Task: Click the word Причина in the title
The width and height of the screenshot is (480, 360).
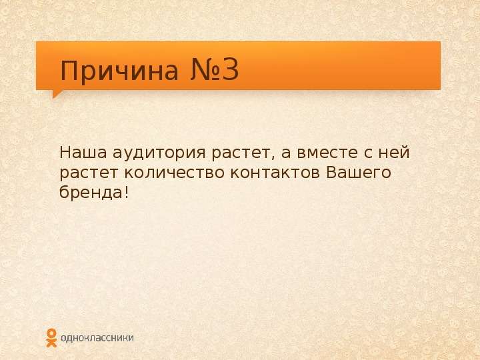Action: (119, 71)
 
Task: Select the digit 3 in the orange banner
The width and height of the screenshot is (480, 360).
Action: (231, 70)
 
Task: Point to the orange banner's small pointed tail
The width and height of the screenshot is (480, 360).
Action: (57, 94)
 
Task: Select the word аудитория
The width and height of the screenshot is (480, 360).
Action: (159, 154)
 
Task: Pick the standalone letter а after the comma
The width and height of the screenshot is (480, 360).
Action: (286, 154)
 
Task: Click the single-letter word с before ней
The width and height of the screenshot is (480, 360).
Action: (367, 154)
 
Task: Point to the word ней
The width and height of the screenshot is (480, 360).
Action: (394, 153)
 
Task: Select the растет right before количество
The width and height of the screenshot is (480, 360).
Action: (89, 174)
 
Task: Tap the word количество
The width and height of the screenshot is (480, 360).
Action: (174, 173)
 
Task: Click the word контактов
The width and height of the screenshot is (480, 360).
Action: (275, 173)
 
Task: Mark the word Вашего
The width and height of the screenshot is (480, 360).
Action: (359, 173)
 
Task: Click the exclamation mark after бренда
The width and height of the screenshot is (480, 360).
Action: (127, 192)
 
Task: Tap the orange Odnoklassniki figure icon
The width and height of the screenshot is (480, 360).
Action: (51, 338)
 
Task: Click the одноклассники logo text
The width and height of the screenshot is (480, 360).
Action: (97, 338)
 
